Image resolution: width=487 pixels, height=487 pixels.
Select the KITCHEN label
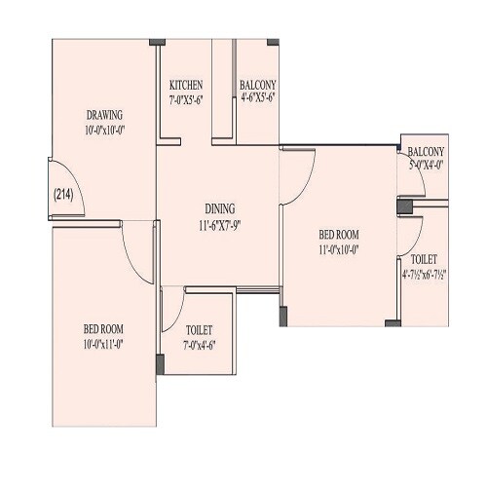pos(186,85)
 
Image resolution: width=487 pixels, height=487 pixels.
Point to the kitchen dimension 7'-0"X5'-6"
pos(186,97)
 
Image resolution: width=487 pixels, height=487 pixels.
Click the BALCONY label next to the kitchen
pos(258,85)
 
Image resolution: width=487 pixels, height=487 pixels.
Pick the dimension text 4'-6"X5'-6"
pos(258,97)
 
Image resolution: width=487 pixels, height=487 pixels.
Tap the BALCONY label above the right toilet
pos(427,152)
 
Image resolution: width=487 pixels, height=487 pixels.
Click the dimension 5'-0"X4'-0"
pos(427,165)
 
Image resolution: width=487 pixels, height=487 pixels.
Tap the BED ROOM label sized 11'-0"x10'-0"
pos(340,235)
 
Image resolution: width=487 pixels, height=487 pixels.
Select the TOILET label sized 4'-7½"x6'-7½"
pos(424,261)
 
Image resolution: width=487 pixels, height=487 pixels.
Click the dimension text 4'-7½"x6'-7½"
pos(424,275)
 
